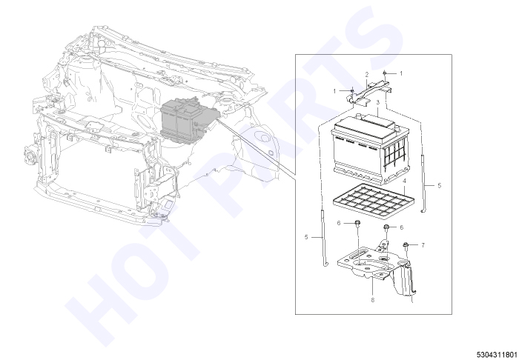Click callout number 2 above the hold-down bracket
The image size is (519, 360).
[x=367, y=75]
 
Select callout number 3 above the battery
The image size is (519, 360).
[x=378, y=102]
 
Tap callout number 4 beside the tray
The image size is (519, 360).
[x=404, y=181]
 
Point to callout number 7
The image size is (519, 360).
[x=423, y=245]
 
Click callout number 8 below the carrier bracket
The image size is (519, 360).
[x=373, y=300]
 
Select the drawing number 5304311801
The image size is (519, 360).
[x=497, y=355]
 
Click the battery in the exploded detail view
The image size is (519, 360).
[x=371, y=148]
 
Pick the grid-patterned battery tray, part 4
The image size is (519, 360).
[x=374, y=201]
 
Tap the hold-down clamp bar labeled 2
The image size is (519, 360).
[x=369, y=93]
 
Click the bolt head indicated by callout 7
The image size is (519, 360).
[x=405, y=245]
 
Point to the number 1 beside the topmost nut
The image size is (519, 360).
[x=401, y=73]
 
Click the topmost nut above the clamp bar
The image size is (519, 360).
[x=385, y=73]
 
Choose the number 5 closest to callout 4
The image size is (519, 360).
[x=439, y=186]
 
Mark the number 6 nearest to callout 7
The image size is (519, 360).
[x=402, y=227]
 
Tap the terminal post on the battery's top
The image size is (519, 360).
[x=358, y=116]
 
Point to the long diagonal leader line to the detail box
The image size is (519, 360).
[x=256, y=147]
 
